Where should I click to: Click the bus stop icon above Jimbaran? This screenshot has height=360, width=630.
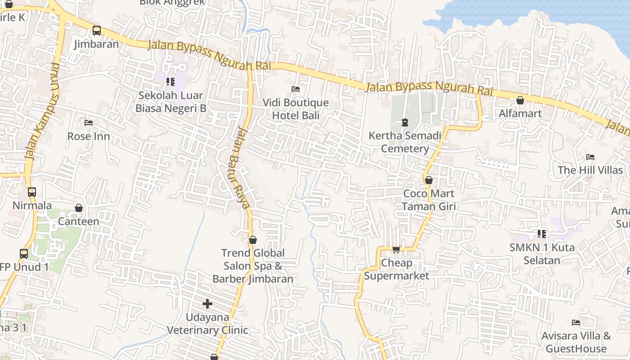[97, 31]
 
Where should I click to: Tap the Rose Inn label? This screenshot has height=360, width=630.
[89, 136]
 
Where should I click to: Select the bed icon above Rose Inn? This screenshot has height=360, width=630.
[89, 122]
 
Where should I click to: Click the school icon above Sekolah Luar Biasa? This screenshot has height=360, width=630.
[170, 81]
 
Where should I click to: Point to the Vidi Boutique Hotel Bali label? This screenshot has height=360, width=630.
[296, 109]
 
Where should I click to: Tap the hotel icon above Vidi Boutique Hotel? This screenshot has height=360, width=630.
[296, 89]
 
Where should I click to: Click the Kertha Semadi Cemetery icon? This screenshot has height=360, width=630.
[405, 122]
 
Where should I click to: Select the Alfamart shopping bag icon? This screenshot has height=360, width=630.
[520, 100]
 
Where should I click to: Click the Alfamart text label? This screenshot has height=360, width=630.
[520, 113]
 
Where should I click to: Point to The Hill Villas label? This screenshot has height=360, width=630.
[590, 170]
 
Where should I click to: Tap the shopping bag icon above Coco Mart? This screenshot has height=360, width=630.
[429, 180]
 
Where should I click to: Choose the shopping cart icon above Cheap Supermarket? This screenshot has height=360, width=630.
[396, 249]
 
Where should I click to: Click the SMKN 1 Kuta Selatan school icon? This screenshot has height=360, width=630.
[542, 234]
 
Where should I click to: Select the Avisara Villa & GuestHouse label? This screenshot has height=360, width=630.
[576, 342]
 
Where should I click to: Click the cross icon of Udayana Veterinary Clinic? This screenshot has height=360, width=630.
[207, 304]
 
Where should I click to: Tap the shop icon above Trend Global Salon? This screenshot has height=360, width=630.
[253, 240]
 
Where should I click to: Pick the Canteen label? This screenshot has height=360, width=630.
[79, 221]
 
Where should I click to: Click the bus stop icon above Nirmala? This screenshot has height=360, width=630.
[31, 192]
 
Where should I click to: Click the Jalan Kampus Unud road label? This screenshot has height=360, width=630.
[42, 112]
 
